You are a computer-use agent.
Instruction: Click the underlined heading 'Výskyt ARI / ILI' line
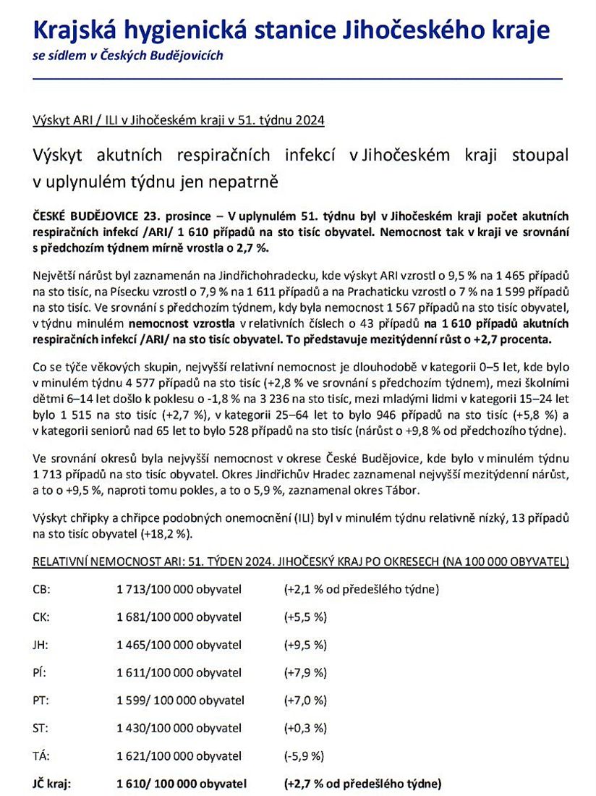[179, 121]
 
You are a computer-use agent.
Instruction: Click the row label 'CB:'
[41, 589]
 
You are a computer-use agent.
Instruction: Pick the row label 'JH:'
[41, 645]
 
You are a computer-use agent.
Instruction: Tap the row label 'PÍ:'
[40, 673]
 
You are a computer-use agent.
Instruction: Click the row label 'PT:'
[41, 700]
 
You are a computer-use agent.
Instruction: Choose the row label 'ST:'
[41, 728]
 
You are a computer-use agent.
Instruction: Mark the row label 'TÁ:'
[41, 756]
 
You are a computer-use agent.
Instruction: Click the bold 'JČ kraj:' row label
[56, 784]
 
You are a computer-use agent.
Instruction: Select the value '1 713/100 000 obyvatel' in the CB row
[179, 589]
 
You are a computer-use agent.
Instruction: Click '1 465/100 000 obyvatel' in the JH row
[179, 645]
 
